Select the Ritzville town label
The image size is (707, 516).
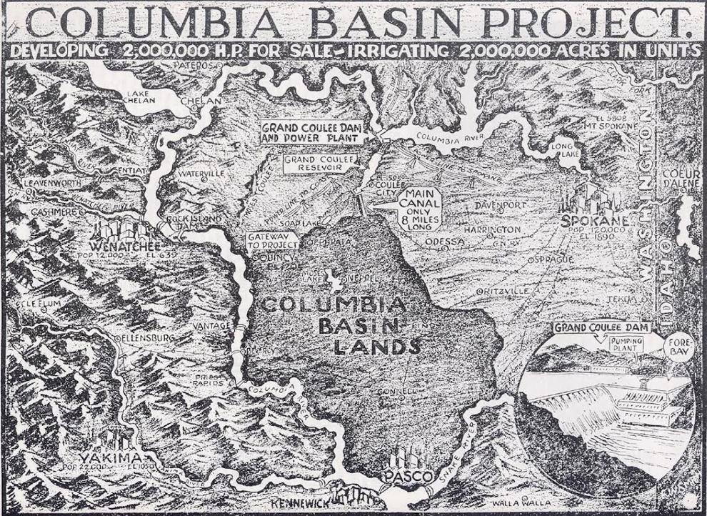(505, 292)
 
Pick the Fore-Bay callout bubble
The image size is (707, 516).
(678, 348)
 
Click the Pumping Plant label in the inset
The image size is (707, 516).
(626, 346)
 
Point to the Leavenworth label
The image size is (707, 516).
(52, 183)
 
